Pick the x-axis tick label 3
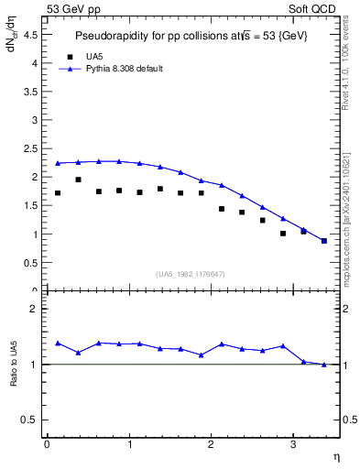(x=292, y=444)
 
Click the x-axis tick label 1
(x=128, y=444)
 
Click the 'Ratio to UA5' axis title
(x=14, y=377)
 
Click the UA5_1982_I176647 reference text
(x=191, y=273)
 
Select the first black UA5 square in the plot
(x=58, y=193)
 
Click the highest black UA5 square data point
(x=78, y=180)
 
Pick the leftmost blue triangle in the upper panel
(x=58, y=164)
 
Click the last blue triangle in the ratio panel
(x=323, y=365)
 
